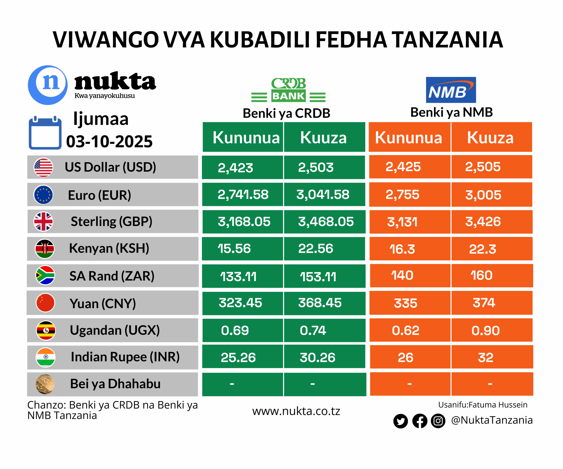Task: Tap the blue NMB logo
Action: tap(451, 90)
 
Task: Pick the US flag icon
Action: tap(43, 167)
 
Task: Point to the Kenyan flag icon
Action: tap(45, 249)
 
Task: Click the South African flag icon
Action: tap(45, 275)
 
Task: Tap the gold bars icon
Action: tap(45, 384)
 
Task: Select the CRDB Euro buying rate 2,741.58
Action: tap(243, 195)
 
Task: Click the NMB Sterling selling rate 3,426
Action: tap(483, 222)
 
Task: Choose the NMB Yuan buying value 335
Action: tap(405, 303)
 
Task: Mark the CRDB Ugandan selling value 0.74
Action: tap(313, 330)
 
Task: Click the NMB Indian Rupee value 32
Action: tap(486, 358)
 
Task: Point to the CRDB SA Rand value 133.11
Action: tap(238, 276)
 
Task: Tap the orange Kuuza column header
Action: tap(490, 137)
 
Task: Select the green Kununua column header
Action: tap(246, 137)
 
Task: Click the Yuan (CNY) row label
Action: tap(103, 304)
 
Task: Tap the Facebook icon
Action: tap(420, 421)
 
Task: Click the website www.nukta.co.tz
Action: tap(296, 411)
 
